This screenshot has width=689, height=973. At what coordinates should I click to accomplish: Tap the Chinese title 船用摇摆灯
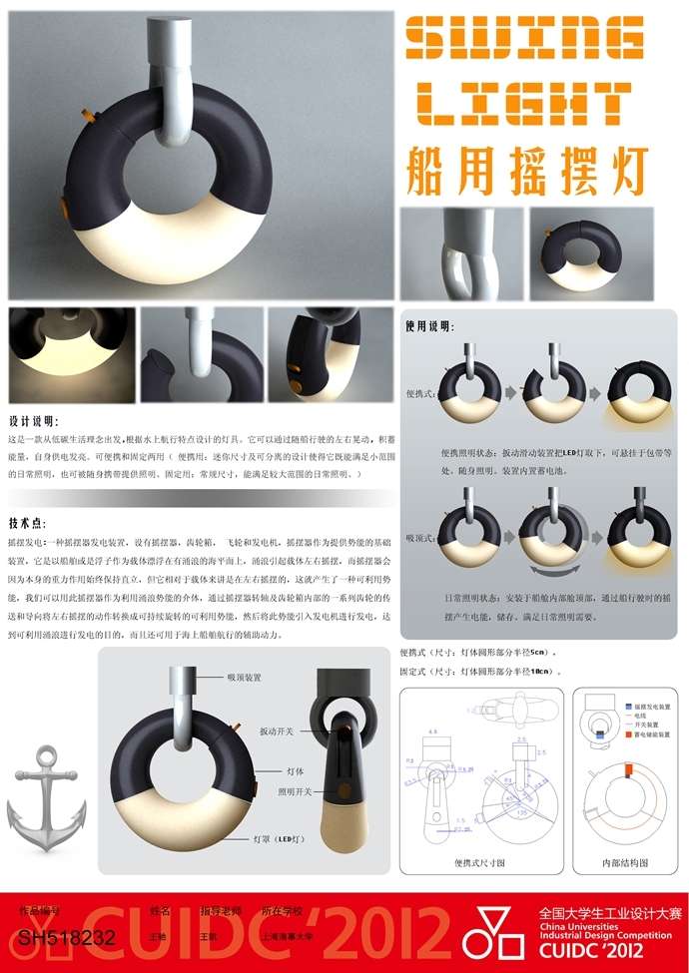[x=527, y=170]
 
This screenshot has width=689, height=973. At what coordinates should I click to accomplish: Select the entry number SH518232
[x=67, y=938]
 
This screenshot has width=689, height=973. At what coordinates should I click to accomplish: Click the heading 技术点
[x=28, y=522]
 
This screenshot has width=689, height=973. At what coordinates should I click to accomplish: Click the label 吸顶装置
[x=243, y=678]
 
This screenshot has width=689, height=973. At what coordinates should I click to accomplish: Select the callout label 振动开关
[x=276, y=731]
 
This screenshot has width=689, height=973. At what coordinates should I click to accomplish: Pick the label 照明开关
[x=295, y=791]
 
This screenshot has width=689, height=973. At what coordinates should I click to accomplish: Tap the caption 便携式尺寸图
[x=481, y=861]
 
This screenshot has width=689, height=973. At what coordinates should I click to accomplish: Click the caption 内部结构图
[x=625, y=861]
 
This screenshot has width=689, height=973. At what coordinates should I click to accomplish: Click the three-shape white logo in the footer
[x=497, y=933]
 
